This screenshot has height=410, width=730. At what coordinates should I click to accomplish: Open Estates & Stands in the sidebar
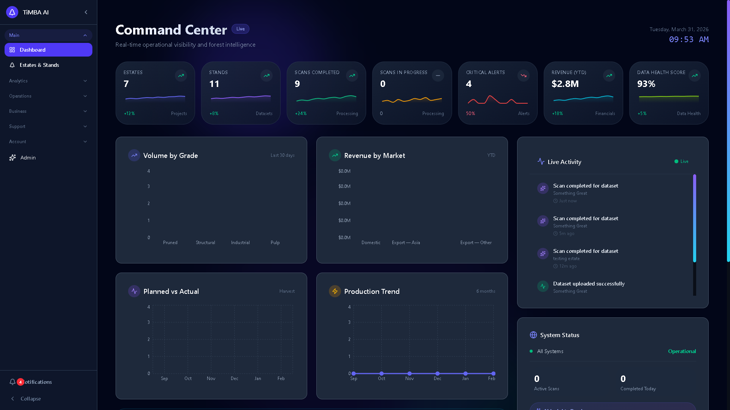coord(39,65)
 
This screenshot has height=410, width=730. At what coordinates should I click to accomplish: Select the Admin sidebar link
coord(28,158)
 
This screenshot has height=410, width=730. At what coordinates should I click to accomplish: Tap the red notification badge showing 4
coord(21,382)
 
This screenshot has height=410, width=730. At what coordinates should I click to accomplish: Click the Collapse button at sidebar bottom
coord(30,399)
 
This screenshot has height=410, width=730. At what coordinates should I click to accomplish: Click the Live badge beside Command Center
coord(240,29)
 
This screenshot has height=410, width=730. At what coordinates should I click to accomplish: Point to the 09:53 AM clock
coord(689,39)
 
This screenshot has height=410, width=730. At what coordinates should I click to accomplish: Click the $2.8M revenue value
coord(565,84)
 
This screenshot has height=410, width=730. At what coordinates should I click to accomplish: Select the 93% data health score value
coord(646,84)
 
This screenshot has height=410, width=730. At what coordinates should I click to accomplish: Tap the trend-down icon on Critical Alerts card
coord(524,76)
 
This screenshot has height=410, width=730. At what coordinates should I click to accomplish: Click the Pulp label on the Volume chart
coord(275,243)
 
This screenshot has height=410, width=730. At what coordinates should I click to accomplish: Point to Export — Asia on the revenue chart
coord(406,243)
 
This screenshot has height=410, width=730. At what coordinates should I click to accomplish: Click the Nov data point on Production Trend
coord(409,374)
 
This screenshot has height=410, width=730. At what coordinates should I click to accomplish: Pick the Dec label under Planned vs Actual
coord(234,378)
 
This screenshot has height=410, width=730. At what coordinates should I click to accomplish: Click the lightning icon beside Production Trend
coord(335,291)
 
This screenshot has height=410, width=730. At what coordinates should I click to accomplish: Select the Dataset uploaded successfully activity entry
coord(589,284)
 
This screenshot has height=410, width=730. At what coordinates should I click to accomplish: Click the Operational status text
coord(682,351)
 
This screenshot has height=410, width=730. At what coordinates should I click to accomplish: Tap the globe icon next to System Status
coord(533,335)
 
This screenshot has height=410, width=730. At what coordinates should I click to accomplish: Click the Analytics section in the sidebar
coord(18,81)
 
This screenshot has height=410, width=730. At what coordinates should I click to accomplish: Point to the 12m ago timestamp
coord(568,266)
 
